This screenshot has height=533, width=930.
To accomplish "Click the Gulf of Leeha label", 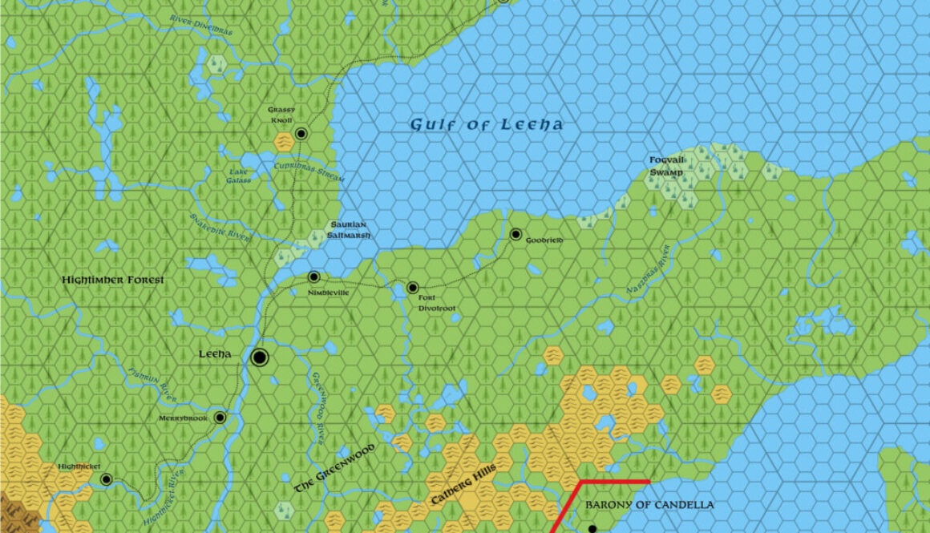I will click(487, 124).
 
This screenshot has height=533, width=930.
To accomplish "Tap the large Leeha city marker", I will click(259, 357).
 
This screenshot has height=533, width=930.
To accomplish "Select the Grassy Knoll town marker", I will click(301, 134).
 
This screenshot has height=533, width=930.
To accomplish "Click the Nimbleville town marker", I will click(314, 277).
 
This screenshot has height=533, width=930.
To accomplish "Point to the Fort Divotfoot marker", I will click(413, 288).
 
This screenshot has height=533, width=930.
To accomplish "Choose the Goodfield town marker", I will click(516, 234).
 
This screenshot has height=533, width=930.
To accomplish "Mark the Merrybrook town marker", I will click(220, 418).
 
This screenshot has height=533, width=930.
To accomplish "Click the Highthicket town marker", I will click(107, 479).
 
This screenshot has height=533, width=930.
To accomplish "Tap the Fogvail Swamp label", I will click(667, 165).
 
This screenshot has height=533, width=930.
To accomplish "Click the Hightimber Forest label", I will click(113, 280).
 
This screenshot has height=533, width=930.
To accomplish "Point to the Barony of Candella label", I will click(649, 505).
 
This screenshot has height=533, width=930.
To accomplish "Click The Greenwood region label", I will click(334, 474).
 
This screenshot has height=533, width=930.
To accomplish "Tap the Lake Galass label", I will click(238, 176).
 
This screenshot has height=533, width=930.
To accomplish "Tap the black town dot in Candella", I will click(592, 528).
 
